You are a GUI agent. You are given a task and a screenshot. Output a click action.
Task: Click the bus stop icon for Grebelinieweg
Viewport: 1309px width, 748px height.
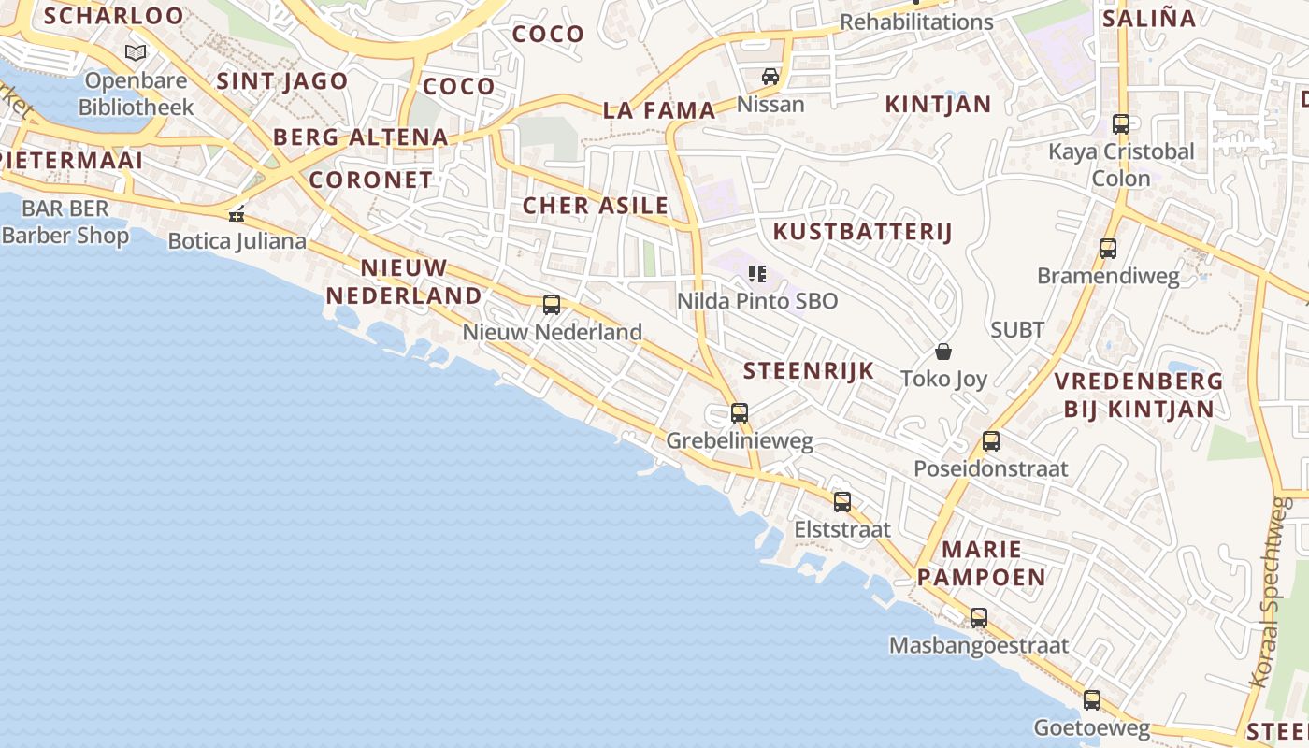740,412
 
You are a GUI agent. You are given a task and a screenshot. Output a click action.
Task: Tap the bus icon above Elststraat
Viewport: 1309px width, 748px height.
842,502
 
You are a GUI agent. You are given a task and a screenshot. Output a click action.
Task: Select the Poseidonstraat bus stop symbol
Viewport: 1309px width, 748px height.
991,441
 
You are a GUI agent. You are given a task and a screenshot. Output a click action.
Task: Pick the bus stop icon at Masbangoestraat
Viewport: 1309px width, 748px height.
979,618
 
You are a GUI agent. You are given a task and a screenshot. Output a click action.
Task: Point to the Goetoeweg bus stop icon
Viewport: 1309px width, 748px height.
1092,700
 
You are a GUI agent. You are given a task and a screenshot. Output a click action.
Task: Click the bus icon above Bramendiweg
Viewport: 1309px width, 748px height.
1108,249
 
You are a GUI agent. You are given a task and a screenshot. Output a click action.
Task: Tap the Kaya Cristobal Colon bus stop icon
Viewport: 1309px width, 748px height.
1121,124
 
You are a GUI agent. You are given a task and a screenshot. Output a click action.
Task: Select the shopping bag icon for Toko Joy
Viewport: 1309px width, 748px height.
943,352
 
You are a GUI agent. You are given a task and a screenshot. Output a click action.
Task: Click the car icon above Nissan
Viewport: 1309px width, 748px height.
770,77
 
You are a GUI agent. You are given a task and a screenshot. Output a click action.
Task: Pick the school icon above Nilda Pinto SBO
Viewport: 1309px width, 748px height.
757,274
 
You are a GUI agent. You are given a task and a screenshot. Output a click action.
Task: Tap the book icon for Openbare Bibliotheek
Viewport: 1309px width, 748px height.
137,53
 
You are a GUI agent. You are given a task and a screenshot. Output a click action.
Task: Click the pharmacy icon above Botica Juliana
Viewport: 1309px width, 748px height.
237,214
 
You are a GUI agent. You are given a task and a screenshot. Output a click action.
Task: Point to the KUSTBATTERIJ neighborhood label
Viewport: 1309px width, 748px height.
862,232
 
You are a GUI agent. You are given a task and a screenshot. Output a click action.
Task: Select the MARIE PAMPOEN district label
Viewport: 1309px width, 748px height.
981,563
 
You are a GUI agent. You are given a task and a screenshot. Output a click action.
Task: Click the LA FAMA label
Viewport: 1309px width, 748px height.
659,110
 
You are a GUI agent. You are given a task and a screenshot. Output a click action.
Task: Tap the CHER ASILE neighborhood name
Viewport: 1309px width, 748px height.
596,206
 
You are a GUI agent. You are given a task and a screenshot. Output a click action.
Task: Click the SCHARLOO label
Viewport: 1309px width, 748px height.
114,16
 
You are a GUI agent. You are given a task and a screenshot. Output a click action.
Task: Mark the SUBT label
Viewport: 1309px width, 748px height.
1017,329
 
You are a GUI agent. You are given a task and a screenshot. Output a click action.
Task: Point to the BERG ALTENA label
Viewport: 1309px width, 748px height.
361,137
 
